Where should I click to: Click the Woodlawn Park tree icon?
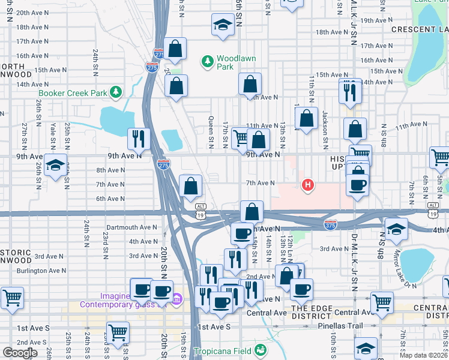[x=208, y=61]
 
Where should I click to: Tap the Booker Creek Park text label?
[x=72, y=93]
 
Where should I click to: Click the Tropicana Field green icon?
[x=260, y=350]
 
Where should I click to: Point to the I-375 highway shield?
[x=330, y=224]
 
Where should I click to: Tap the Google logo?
[x=20, y=353]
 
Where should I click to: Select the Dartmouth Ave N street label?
[x=131, y=228]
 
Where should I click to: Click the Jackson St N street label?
[x=324, y=123]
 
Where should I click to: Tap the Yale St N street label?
[x=53, y=136]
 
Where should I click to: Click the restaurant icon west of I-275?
[x=139, y=139]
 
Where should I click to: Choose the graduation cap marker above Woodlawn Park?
[x=223, y=25]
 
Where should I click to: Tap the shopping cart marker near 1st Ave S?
[x=118, y=332]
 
